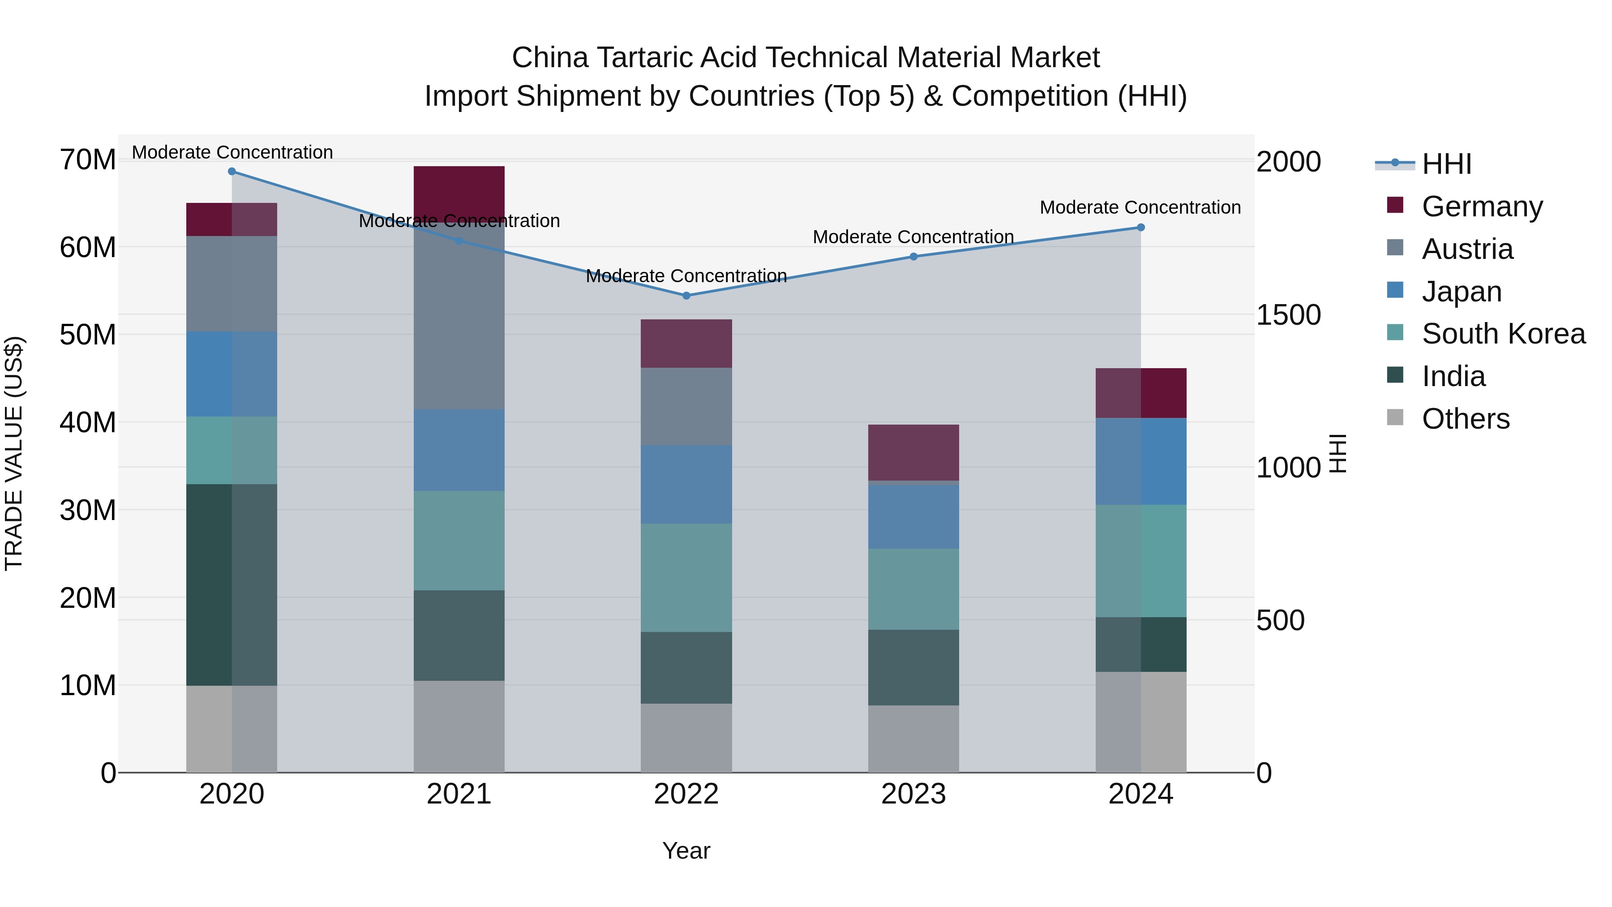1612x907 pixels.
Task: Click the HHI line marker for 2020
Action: [x=232, y=172]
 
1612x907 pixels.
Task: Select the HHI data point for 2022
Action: [x=686, y=296]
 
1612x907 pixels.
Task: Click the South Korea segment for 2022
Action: [x=686, y=578]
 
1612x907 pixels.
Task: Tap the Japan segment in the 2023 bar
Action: [x=913, y=516]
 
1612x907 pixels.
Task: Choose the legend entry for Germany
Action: [x=1482, y=206]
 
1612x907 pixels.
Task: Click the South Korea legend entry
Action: [x=1503, y=334]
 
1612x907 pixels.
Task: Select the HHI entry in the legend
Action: [x=1446, y=164]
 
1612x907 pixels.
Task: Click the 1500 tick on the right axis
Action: [x=1288, y=315]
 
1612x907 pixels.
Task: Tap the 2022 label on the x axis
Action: [x=686, y=794]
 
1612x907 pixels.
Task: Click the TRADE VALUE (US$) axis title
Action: [x=14, y=453]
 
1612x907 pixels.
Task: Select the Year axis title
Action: [x=686, y=851]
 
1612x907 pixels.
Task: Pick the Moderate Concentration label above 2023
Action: [x=913, y=237]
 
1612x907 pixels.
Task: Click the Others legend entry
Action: [x=1465, y=419]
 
